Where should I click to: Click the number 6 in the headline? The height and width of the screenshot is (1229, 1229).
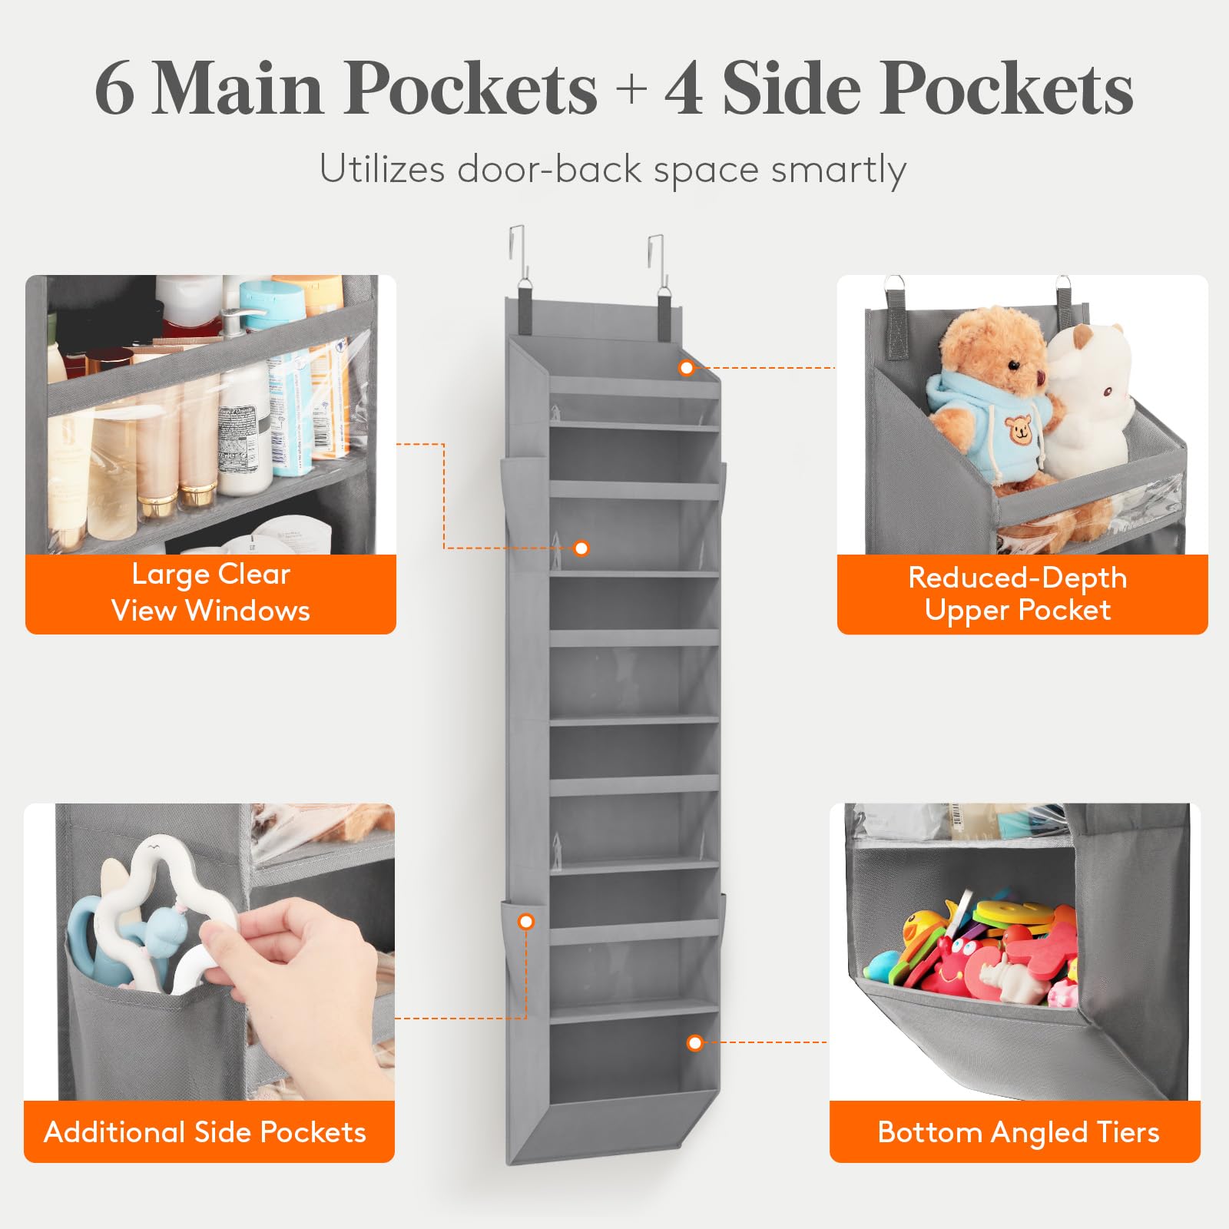115,89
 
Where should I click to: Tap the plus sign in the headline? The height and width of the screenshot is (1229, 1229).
631,89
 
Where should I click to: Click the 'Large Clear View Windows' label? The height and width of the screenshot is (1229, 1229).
210,593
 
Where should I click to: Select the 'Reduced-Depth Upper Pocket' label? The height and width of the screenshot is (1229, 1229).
1018,593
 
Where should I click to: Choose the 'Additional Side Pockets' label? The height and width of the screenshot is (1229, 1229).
205,1132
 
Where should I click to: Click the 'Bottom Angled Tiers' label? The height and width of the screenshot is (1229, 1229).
1018,1132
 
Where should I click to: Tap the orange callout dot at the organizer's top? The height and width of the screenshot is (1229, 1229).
687,368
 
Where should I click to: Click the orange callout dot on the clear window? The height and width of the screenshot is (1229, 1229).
581,548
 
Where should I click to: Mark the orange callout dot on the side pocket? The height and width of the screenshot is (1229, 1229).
526,922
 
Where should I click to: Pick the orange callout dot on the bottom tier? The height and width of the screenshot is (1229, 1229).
695,1042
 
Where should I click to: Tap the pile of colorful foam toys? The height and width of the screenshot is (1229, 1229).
972,949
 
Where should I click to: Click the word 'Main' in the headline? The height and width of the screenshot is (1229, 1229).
238,89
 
